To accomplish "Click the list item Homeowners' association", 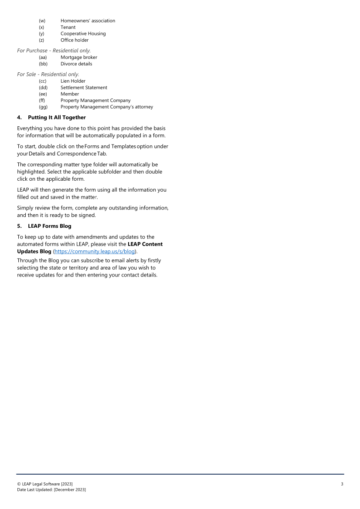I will tap(88, 21).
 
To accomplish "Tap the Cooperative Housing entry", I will tap(83, 34).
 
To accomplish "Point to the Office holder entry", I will tap(75, 40).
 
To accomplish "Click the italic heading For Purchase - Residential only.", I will tap(54, 51).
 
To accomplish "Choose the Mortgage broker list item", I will tap(79, 57).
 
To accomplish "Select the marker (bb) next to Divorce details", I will tap(43, 64).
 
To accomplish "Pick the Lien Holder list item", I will tap(73, 81).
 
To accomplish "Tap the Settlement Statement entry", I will tap(84, 88).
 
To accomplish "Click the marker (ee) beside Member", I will tap(43, 94).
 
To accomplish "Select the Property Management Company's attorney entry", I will tap(107, 107).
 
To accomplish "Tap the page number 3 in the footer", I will tap(342, 484).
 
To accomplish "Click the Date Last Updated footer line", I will tap(51, 490).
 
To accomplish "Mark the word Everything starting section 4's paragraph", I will tap(32, 128).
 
